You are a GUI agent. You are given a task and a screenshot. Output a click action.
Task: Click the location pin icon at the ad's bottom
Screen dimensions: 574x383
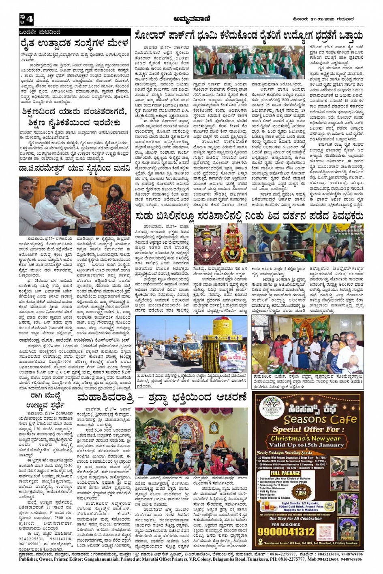coord(261,542)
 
